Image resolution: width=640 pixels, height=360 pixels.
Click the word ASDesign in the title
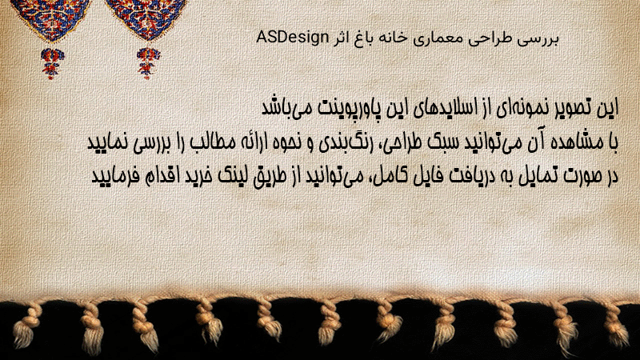click(x=292, y=38)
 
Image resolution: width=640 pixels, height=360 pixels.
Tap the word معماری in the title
click(x=427, y=38)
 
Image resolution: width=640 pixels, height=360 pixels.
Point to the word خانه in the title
click(x=390, y=38)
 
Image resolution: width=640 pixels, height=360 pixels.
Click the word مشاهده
click(x=574, y=143)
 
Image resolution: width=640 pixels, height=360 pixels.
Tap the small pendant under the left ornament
click(x=52, y=62)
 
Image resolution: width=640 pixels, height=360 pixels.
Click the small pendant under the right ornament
click(x=148, y=62)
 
